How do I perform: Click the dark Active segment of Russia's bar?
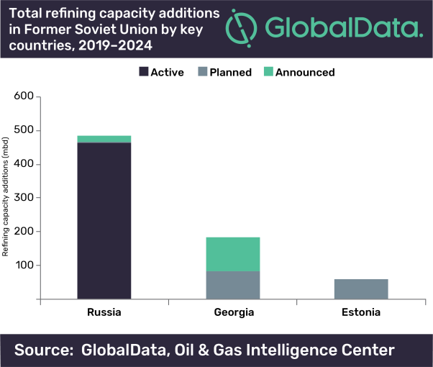(104, 220)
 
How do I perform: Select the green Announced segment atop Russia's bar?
(104, 139)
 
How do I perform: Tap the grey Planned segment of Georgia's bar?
(233, 285)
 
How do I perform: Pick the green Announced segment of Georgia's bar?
(233, 254)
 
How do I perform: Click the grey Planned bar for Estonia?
(361, 289)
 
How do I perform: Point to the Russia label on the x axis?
(104, 313)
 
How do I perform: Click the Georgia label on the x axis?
(233, 313)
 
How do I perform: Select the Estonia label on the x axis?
(361, 313)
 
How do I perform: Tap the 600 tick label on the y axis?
(24, 96)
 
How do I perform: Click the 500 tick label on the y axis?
(24, 130)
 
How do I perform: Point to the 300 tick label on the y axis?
(24, 197)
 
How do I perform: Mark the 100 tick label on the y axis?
(24, 265)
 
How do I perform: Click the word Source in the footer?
(44, 350)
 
